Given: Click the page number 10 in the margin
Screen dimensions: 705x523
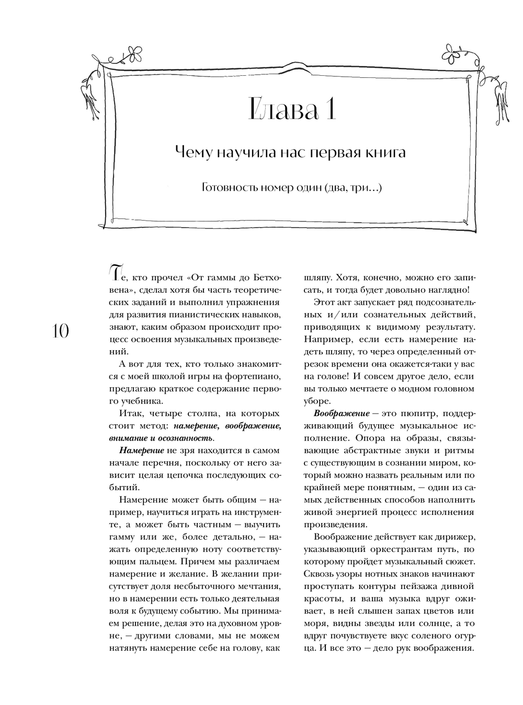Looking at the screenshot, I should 61,331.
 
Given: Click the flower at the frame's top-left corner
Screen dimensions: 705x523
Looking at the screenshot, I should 135,52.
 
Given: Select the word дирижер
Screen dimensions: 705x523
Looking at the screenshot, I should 456,537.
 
